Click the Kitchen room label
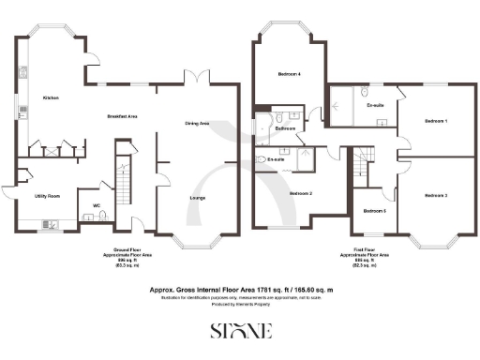click(x=51, y=97)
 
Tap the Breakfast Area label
click(x=123, y=115)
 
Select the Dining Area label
click(x=197, y=123)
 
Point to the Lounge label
click(x=197, y=199)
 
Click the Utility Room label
click(x=47, y=196)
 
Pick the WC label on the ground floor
click(x=97, y=205)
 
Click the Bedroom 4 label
click(x=290, y=73)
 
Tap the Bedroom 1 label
click(x=435, y=122)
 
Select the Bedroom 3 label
click(x=435, y=195)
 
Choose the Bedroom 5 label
click(x=374, y=211)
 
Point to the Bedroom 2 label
click(x=300, y=193)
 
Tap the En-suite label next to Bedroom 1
click(x=376, y=105)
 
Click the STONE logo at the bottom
click(x=239, y=331)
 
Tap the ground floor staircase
click(x=121, y=178)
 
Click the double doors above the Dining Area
click(x=193, y=79)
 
